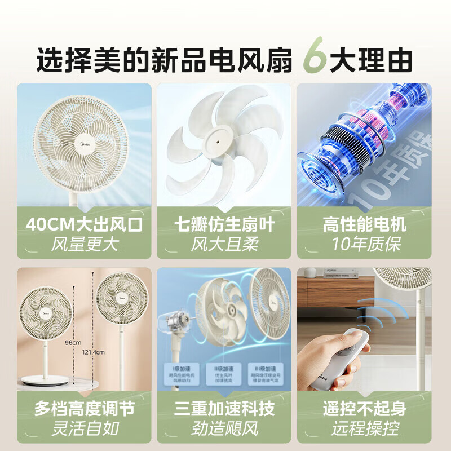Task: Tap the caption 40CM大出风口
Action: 84,225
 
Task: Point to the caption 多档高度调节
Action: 84,409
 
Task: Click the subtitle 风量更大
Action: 84,245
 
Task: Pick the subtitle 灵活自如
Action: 84,428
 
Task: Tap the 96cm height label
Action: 72,342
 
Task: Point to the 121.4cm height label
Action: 93,352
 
